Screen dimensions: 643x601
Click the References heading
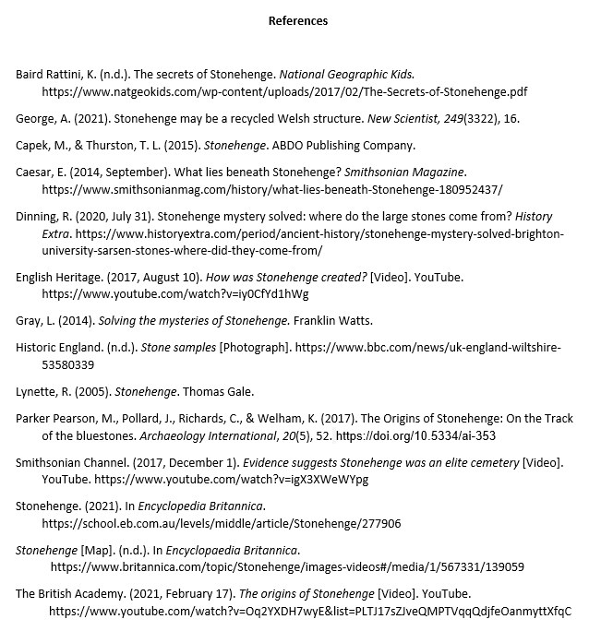tap(297, 20)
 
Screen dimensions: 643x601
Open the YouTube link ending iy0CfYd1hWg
tap(175, 294)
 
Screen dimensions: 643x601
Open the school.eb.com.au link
tap(222, 524)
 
